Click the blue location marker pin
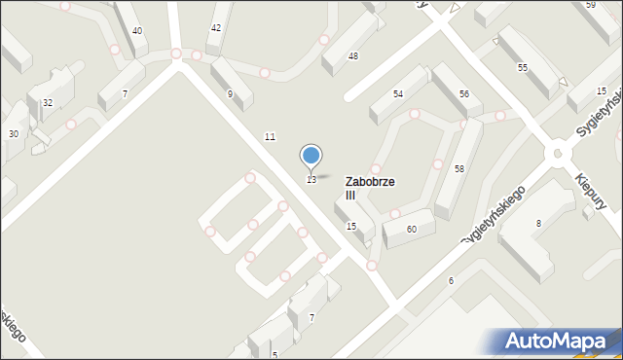click(311, 156)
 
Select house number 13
click(311, 180)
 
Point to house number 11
click(270, 136)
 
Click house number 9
click(230, 94)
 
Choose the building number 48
click(352, 56)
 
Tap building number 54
click(398, 94)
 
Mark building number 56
click(464, 94)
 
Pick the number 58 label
click(458, 169)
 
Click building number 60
click(412, 229)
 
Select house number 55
click(523, 67)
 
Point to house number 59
click(591, 5)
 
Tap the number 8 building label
click(538, 224)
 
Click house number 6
click(451, 281)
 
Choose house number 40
click(137, 31)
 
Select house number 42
click(215, 28)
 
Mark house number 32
click(47, 102)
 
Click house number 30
click(14, 133)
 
